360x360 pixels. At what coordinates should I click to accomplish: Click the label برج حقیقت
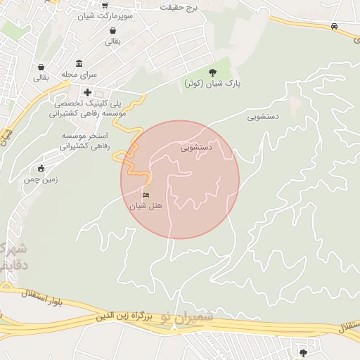tap(179, 7)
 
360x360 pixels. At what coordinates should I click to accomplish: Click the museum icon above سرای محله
tap(79, 63)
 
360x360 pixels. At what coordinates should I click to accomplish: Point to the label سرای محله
tap(79, 74)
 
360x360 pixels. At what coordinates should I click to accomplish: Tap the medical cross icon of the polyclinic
tap(87, 91)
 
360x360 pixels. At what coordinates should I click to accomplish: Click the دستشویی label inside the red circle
tap(195, 148)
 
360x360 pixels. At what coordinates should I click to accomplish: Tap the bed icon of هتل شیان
tap(146, 195)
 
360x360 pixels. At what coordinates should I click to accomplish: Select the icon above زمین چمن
tap(41, 168)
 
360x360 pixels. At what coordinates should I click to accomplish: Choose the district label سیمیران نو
tap(186, 318)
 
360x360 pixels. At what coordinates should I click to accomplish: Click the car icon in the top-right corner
tap(335, 26)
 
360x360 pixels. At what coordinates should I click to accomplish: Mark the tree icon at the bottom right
tap(303, 352)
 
